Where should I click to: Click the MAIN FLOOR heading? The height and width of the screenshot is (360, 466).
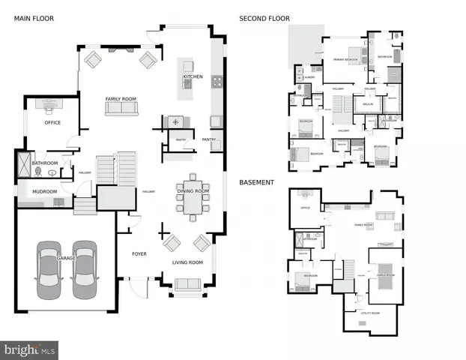(34, 18)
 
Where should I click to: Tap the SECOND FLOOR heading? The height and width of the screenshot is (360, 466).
(264, 18)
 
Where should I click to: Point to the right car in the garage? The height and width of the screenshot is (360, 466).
(84, 268)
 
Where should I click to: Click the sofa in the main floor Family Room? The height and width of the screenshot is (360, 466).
(121, 109)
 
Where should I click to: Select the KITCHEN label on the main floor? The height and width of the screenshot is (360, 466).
(193, 76)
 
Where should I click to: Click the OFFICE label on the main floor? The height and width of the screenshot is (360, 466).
(52, 122)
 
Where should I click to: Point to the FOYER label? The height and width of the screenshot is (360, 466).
(139, 254)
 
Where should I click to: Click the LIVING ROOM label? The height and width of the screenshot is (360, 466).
(188, 262)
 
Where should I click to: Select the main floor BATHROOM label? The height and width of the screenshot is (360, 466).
(45, 163)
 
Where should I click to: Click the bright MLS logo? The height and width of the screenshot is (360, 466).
(30, 349)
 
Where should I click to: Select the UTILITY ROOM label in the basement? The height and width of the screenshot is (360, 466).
(370, 313)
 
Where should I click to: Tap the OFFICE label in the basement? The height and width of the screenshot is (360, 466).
(305, 208)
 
